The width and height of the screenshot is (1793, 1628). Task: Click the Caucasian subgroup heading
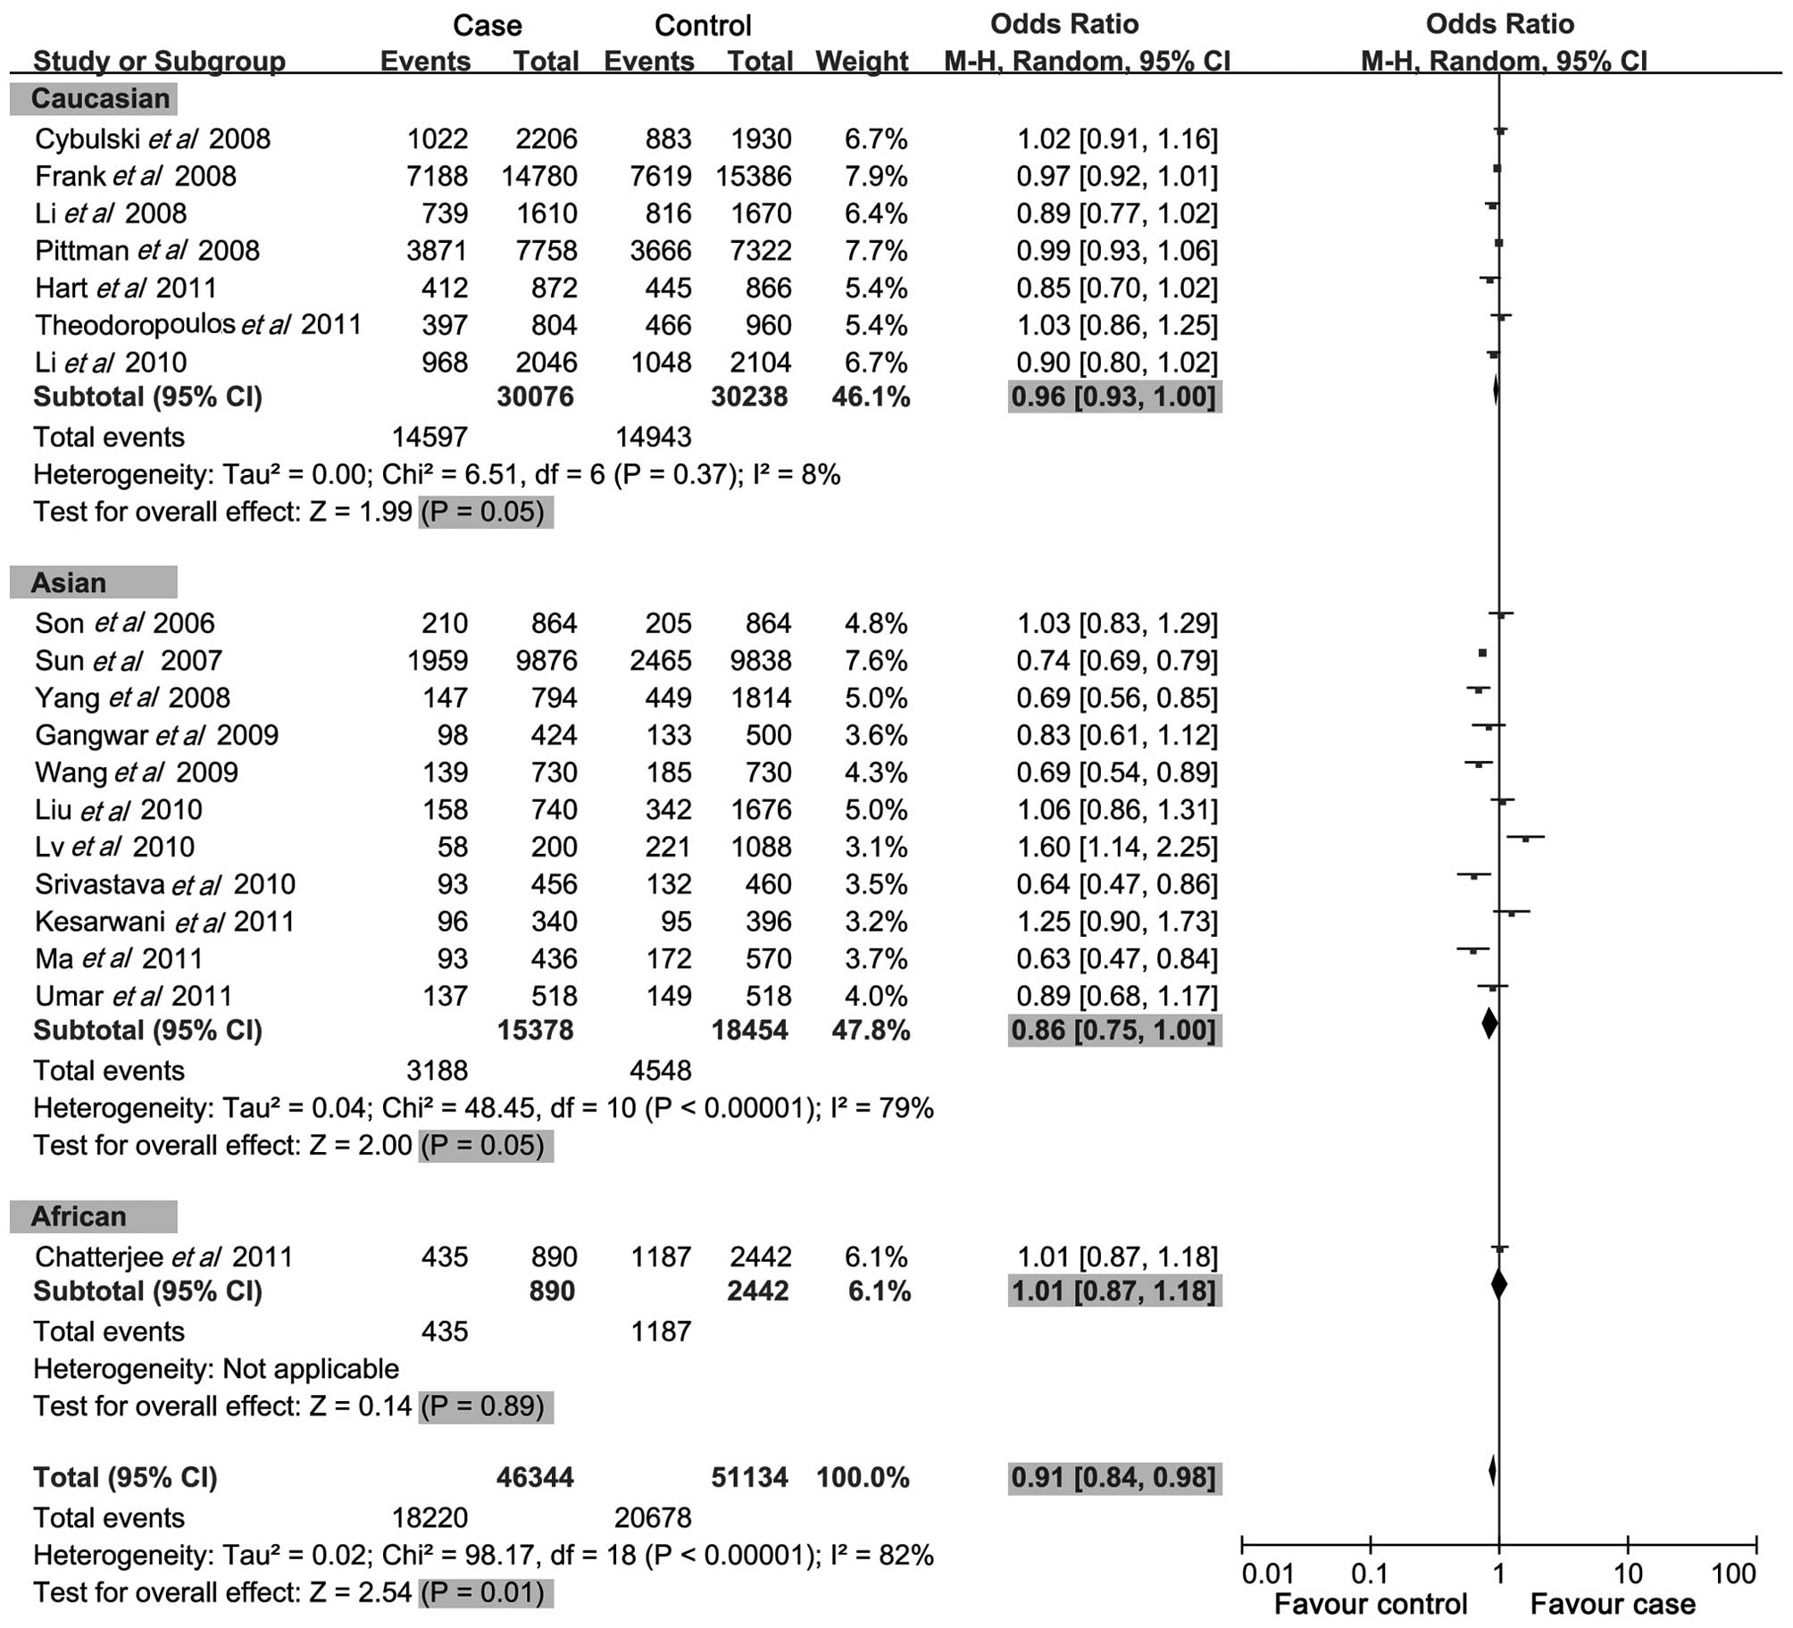(x=100, y=98)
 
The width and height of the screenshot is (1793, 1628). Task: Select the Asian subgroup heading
(x=69, y=583)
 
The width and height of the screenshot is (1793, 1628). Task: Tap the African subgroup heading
(x=79, y=1216)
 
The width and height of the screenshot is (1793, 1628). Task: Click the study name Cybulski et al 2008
(x=153, y=139)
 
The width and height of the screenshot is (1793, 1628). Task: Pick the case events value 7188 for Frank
(x=437, y=176)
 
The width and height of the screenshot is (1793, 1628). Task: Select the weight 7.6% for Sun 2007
(x=876, y=661)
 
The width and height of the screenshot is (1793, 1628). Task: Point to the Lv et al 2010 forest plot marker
(x=1525, y=839)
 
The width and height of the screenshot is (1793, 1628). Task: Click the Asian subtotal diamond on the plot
(x=1489, y=1023)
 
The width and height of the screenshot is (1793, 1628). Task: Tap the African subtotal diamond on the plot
(x=1499, y=1284)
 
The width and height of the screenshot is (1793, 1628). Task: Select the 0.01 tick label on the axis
(x=1267, y=1574)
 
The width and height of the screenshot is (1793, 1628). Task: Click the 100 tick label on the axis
(x=1734, y=1574)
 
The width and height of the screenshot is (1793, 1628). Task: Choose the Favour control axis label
(x=1371, y=1605)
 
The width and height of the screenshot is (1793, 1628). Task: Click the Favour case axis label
(x=1613, y=1605)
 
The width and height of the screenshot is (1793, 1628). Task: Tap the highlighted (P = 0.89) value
(x=485, y=1407)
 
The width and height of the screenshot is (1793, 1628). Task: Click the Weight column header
(x=862, y=61)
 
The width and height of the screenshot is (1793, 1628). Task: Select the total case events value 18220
(x=429, y=1518)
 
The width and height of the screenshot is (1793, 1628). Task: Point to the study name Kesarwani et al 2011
(x=165, y=922)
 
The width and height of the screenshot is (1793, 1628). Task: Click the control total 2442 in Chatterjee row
(x=760, y=1257)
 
